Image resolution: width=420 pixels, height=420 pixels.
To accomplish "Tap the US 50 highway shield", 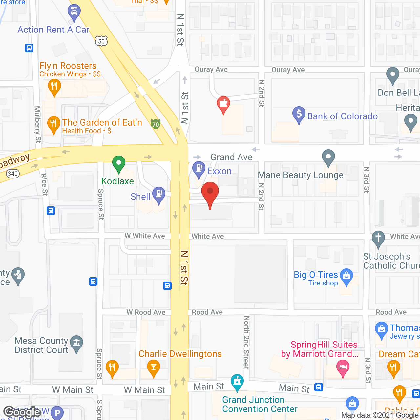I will point(101,41).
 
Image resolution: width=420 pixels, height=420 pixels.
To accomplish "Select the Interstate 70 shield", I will point(156,124).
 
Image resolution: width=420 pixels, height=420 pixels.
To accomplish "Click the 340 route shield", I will point(13,174).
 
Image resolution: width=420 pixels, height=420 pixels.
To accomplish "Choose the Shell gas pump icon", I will point(159,194).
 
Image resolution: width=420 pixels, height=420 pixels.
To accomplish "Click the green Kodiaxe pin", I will point(119,163).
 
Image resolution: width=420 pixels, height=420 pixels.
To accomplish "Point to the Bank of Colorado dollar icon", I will point(299,114).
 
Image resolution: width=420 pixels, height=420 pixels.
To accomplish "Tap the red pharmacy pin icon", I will point(223,104).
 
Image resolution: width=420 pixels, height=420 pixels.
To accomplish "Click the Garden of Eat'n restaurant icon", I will point(53,124).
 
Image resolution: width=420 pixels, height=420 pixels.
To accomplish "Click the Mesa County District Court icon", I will point(76,343).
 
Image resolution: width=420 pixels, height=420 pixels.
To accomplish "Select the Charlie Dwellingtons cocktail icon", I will point(153,367).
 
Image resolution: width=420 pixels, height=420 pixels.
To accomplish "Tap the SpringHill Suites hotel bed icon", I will point(343,367).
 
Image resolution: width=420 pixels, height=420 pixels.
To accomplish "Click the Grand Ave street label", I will point(231,157).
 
